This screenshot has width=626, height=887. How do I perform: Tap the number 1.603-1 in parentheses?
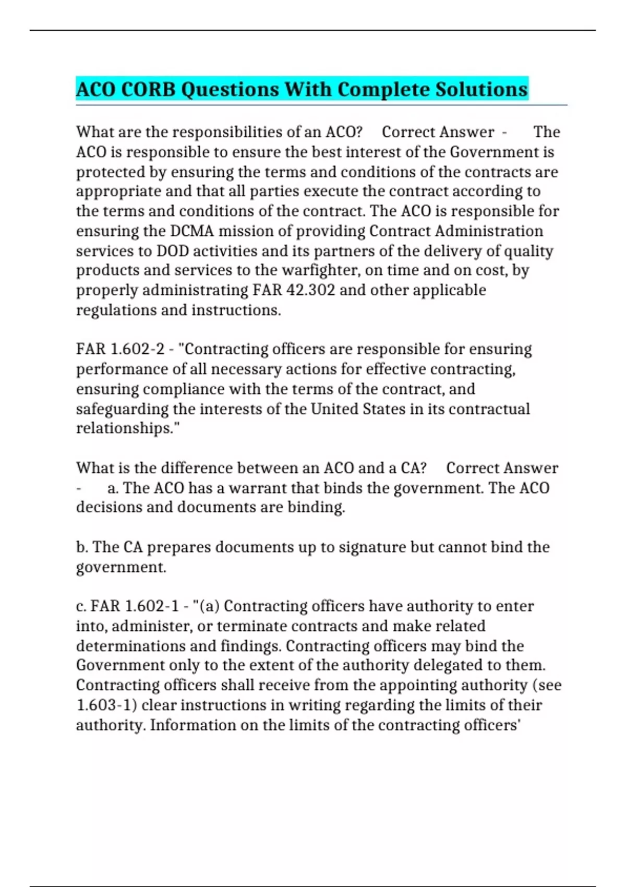tap(106, 705)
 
